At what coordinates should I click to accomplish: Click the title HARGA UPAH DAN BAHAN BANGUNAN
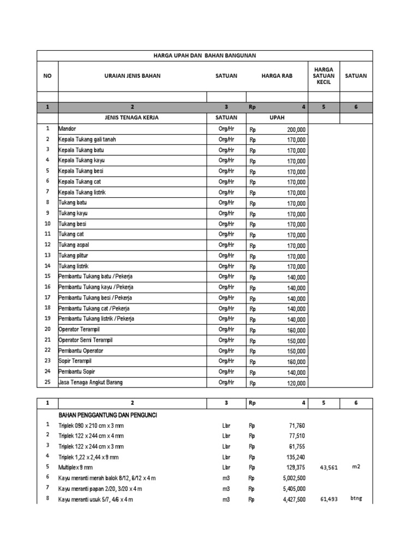point(205,56)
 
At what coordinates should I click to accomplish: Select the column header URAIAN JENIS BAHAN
point(132,76)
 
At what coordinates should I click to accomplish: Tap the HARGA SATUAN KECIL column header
point(324,76)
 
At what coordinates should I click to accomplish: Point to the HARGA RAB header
point(277,76)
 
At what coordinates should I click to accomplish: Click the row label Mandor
point(68,129)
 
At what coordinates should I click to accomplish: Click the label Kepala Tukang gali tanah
point(87,139)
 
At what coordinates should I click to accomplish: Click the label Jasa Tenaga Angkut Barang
point(91,383)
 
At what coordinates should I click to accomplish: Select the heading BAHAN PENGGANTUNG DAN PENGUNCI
point(108,415)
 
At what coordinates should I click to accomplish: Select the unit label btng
point(356,499)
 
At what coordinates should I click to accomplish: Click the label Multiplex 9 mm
point(76,468)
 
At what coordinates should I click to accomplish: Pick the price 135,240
point(295,457)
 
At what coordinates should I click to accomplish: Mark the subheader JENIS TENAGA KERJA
point(132,118)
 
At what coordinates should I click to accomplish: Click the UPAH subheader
point(277,118)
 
